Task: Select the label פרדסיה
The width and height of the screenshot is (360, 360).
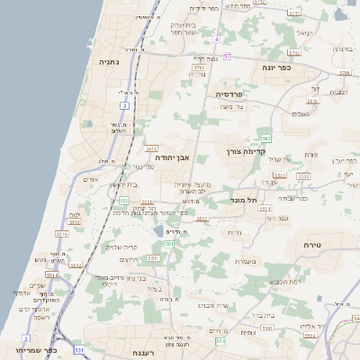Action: pos(230,93)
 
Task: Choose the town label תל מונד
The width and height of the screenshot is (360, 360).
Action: pos(244,199)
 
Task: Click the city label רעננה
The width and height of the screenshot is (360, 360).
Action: pos(144,353)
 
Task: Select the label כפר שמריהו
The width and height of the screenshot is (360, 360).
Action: pos(35,351)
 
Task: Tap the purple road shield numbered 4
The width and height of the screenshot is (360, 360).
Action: pos(217,40)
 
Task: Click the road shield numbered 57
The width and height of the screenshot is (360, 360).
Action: pos(228,56)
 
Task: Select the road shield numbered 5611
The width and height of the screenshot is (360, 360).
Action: pos(152,148)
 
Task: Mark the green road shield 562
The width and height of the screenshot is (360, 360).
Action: pos(266,138)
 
